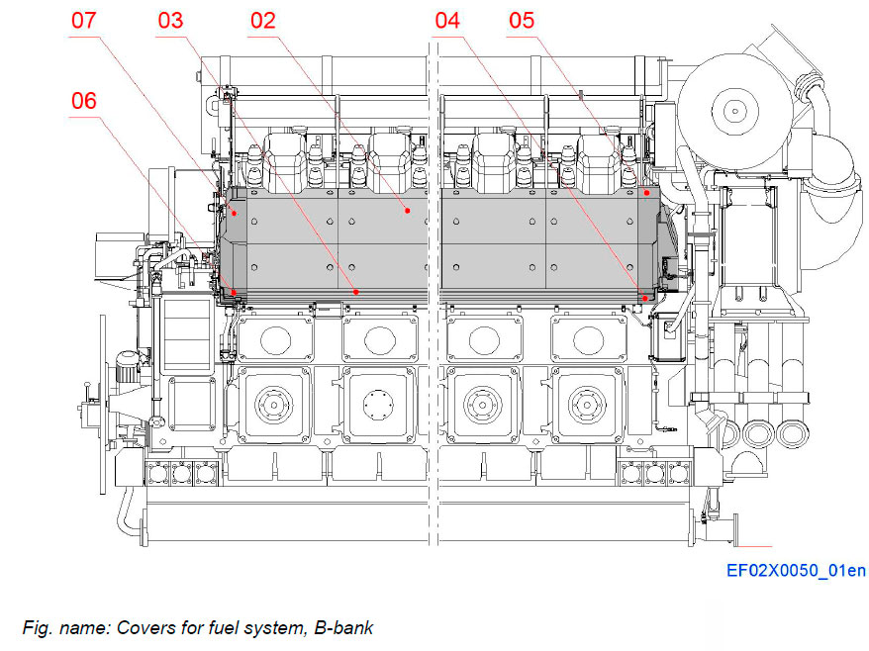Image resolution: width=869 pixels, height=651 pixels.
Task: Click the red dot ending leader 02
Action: point(407,211)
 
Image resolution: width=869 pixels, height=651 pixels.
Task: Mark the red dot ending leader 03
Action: point(356,292)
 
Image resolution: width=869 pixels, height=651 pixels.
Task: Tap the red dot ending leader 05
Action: point(646,194)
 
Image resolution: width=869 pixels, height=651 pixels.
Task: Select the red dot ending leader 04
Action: point(644,297)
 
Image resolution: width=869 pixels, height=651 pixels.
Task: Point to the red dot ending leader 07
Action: point(235,212)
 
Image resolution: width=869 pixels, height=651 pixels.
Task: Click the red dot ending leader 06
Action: point(234,293)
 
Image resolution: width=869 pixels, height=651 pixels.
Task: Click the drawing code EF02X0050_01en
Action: point(796,571)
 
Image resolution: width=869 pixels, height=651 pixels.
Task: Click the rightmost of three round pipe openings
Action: point(789,432)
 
